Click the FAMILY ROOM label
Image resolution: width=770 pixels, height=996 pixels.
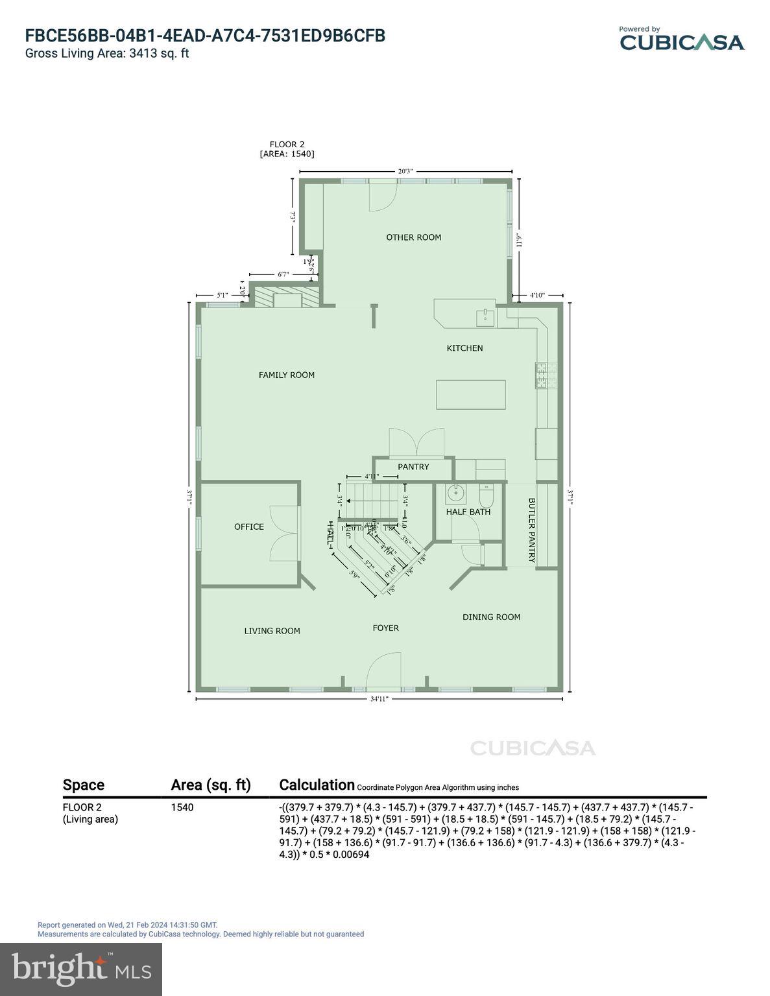tap(286, 375)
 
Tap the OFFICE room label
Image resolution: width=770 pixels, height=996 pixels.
tap(249, 527)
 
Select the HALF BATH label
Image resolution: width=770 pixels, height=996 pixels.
tap(468, 512)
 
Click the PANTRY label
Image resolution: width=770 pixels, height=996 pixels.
tap(413, 467)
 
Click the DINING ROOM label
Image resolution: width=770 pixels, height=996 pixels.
tap(491, 617)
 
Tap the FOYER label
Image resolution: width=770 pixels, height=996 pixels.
tap(385, 628)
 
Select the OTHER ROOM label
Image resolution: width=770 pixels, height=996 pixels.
tap(413, 237)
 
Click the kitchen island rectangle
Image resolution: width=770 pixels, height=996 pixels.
tap(470, 394)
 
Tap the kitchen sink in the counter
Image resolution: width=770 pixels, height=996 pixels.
tap(485, 317)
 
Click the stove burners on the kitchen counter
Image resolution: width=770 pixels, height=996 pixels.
tap(542, 375)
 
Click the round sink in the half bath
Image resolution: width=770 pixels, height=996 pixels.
tap(456, 493)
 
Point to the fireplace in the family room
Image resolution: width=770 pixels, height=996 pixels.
tap(286, 299)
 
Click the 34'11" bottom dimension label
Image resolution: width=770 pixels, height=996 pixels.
tap(379, 699)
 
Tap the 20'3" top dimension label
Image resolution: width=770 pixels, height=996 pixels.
tap(405, 171)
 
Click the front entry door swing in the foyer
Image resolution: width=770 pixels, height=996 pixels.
tap(384, 672)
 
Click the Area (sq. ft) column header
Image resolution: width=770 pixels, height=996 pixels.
tap(210, 785)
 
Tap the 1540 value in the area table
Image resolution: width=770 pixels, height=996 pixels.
tap(182, 807)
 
